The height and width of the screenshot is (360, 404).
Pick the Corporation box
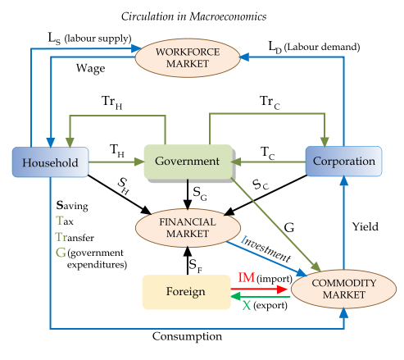343,162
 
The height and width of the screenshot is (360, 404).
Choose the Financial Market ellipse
188,228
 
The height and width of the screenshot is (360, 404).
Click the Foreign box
185,292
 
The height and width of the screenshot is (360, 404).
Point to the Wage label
90,66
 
